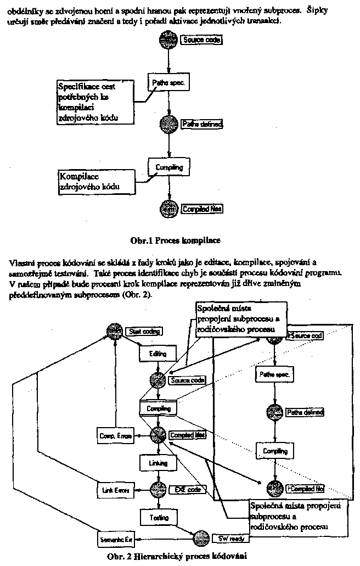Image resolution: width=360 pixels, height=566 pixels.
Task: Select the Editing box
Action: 158,355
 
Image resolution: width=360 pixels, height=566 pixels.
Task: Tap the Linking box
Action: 158,463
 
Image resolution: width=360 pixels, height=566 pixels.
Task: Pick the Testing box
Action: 158,517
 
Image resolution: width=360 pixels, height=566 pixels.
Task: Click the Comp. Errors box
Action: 115,436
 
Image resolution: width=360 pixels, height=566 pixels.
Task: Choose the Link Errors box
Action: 115,490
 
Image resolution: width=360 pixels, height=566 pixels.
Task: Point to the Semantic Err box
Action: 115,540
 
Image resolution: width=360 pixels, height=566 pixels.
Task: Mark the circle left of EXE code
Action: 159,489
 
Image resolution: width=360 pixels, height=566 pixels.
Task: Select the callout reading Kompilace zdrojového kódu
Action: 97,182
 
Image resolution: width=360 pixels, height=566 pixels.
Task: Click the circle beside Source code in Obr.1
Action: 168,40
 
